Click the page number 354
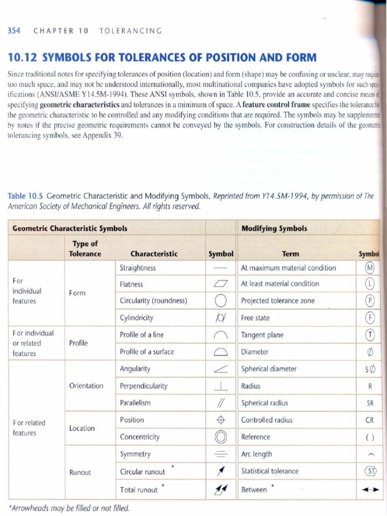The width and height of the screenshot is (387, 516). click(14, 31)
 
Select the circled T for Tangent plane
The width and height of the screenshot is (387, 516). click(370, 335)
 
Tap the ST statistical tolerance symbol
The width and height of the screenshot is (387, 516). click(370, 472)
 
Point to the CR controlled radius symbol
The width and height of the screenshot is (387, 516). click(369, 420)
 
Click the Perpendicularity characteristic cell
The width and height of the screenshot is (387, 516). click(144, 386)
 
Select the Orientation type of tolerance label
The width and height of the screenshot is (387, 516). click(86, 386)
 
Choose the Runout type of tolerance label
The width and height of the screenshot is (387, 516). click(80, 472)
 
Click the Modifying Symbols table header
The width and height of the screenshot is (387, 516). click(274, 228)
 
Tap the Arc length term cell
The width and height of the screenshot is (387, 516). click(256, 454)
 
